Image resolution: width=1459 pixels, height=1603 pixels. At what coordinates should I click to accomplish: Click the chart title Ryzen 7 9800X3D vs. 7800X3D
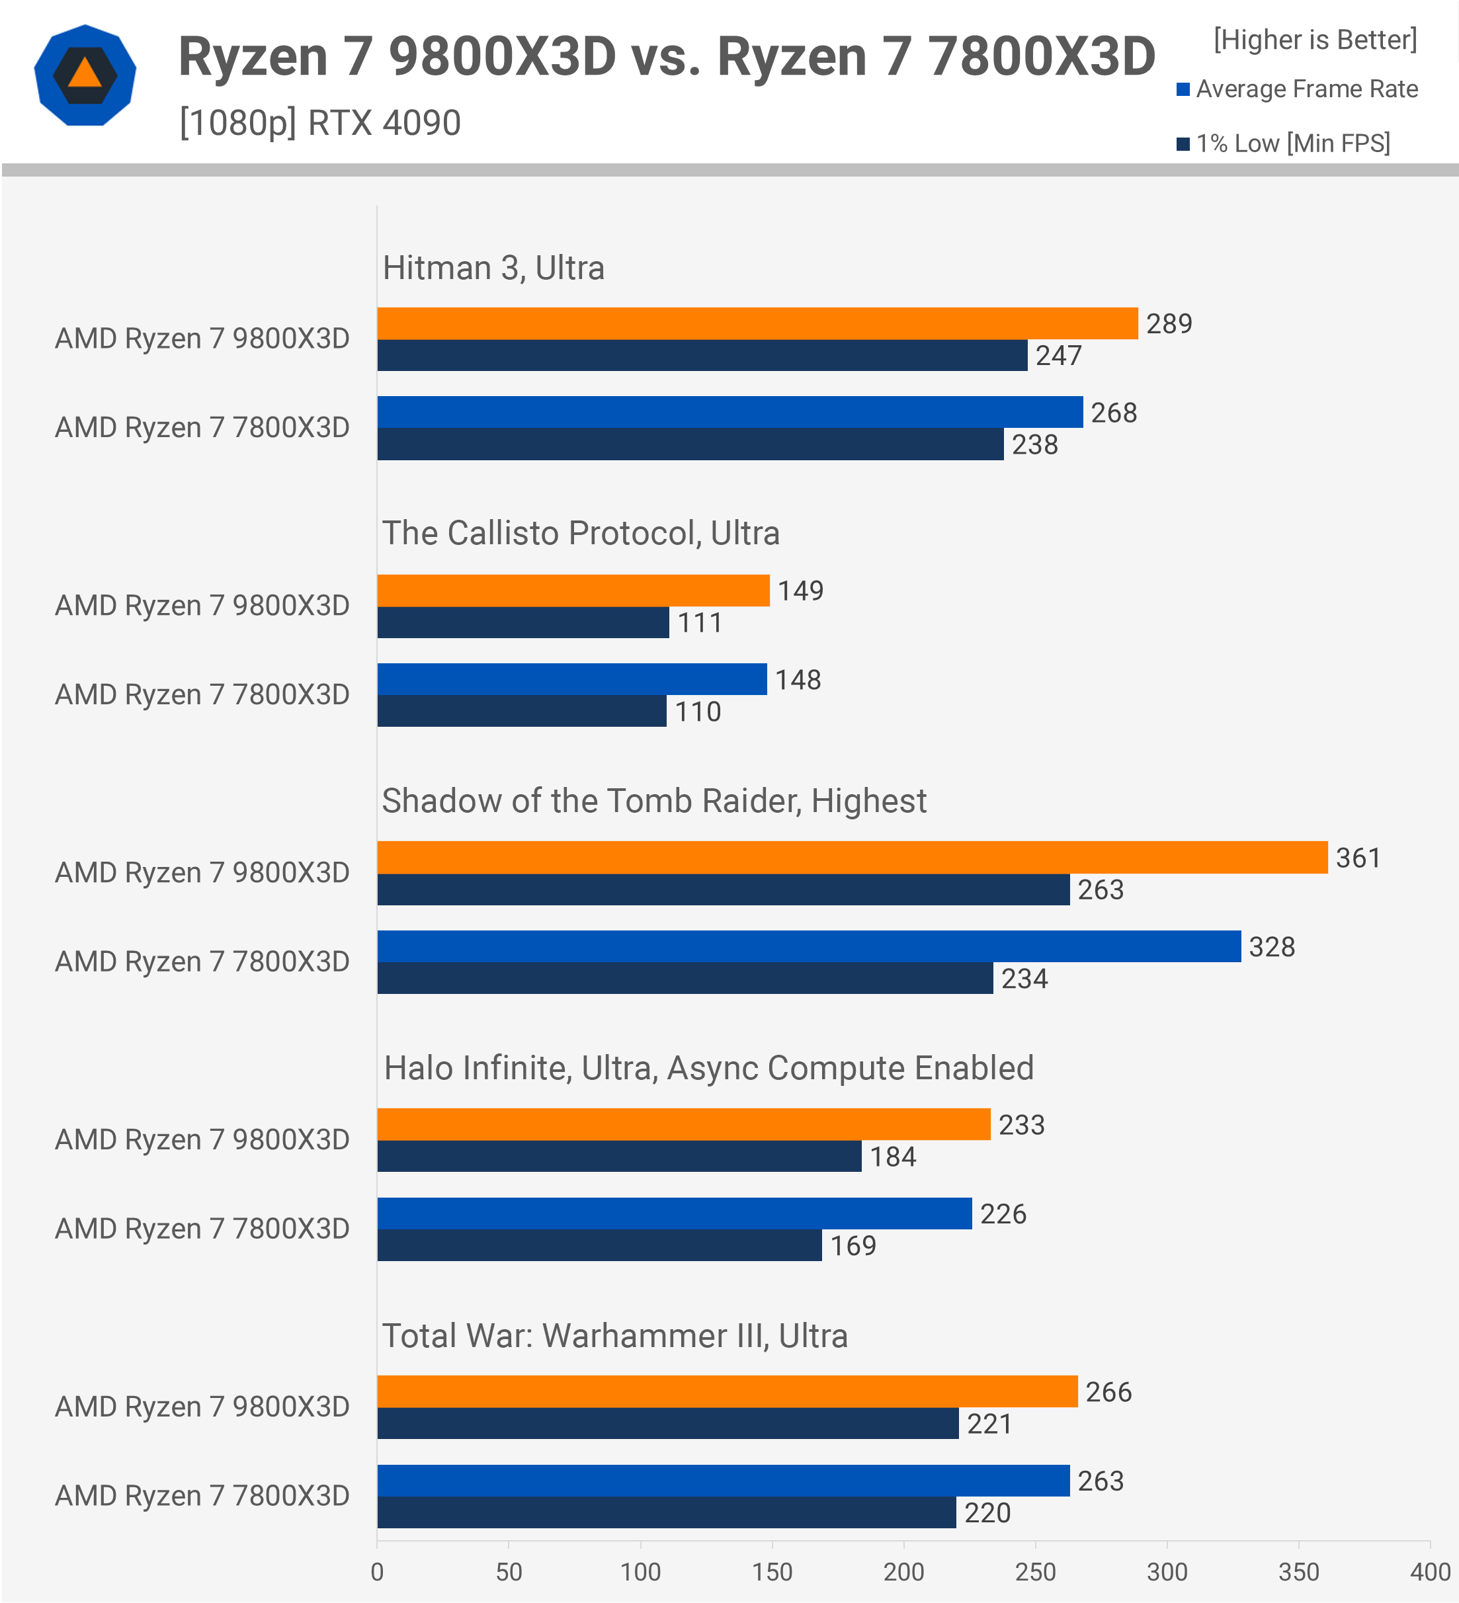coord(666,58)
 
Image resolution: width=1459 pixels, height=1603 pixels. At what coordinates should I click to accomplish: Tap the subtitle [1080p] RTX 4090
coord(319,123)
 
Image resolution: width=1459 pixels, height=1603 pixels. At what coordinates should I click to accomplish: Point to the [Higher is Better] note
coord(1314,40)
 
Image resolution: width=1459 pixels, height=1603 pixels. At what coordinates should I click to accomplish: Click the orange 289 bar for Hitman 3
coord(757,323)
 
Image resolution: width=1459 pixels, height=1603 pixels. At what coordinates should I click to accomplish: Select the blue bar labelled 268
coord(729,412)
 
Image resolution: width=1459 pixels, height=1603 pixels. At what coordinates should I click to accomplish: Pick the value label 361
coord(1357,858)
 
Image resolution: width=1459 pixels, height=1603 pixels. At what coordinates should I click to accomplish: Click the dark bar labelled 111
coord(522,622)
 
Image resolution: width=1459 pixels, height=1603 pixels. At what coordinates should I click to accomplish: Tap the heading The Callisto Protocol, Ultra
coord(581,534)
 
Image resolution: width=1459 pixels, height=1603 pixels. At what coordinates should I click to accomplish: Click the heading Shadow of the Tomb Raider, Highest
coord(653,801)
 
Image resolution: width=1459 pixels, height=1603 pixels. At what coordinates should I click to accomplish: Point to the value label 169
coord(853,1245)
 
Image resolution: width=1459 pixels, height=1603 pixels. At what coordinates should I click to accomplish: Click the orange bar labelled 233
coord(683,1124)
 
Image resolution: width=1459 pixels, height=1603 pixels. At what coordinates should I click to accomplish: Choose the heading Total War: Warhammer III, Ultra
coord(614,1336)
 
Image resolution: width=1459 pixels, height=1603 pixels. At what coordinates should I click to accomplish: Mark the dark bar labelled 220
coord(665,1512)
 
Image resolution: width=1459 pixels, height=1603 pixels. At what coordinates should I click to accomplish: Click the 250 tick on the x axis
coord(1035,1572)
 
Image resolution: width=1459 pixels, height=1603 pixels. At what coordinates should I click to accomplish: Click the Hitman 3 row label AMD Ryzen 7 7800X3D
coord(202,428)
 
